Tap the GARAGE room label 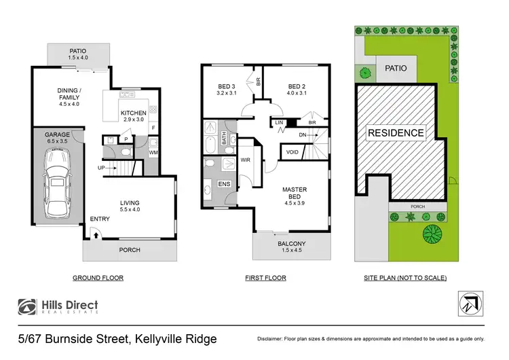pyautogui.click(x=57, y=135)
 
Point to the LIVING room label pyautogui.click(x=130, y=202)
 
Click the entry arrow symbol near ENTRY pyautogui.click(x=96, y=234)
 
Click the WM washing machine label pyautogui.click(x=153, y=152)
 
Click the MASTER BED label pyautogui.click(x=295, y=194)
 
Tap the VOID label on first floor pyautogui.click(x=293, y=151)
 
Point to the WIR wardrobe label pyautogui.click(x=246, y=160)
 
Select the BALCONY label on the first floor pyautogui.click(x=292, y=243)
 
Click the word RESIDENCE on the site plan pyautogui.click(x=396, y=133)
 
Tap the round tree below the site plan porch pyautogui.click(x=430, y=235)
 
